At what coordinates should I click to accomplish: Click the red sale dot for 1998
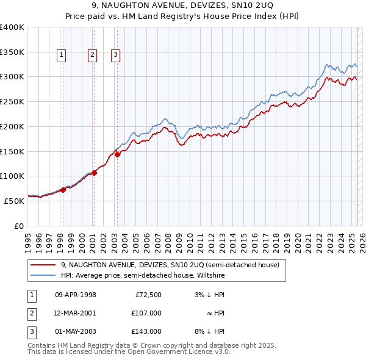(63, 190)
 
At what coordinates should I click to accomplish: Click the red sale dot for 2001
(95, 173)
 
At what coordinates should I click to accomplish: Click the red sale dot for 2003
(117, 154)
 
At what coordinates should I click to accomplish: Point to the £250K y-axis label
(12, 102)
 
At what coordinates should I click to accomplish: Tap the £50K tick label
(15, 201)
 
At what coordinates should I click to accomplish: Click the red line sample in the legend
(43, 265)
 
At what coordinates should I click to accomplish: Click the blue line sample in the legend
(43, 275)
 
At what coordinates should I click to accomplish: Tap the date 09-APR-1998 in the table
(75, 295)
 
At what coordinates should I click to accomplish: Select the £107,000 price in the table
(147, 313)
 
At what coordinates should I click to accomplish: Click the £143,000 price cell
(147, 331)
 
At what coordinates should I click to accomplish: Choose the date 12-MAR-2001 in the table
(75, 313)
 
